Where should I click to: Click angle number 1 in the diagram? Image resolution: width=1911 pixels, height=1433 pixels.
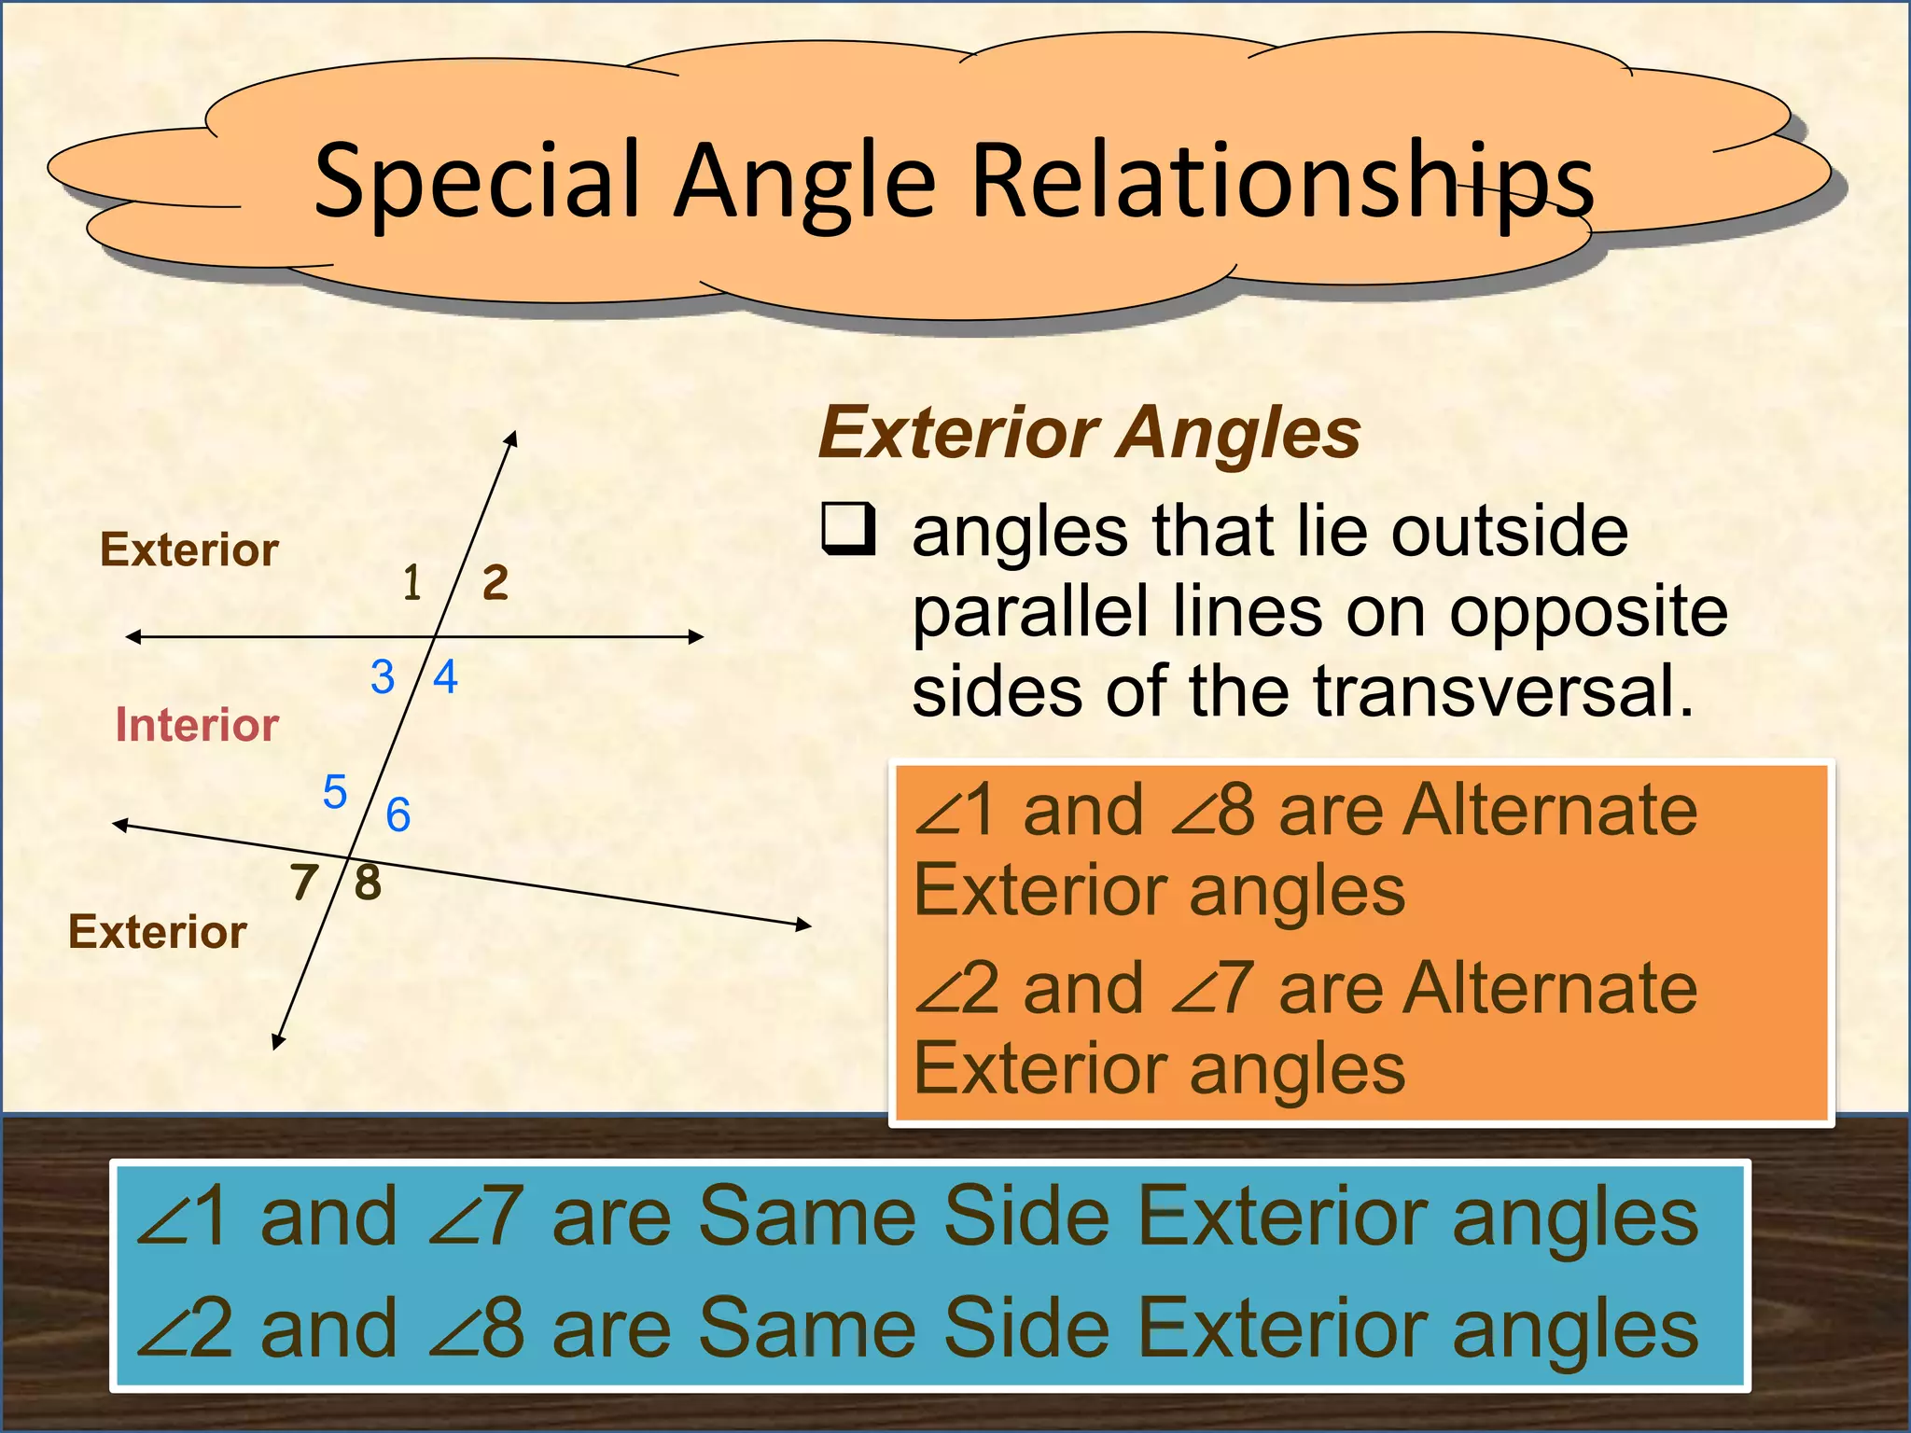tap(411, 583)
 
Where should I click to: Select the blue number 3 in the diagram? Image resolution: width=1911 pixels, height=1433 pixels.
tap(383, 676)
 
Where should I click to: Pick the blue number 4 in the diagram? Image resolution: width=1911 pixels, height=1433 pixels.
tap(446, 676)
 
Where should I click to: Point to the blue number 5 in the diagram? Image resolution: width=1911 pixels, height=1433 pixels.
tap(335, 792)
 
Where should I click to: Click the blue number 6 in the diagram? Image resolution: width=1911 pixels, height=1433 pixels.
tap(398, 814)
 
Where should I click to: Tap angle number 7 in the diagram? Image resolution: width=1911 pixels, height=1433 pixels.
tap(304, 883)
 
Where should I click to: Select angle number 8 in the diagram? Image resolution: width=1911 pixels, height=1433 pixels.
tap(369, 882)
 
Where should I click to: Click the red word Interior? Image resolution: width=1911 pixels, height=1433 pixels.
tap(197, 725)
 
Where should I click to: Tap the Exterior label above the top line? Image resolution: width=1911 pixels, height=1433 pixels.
tap(189, 550)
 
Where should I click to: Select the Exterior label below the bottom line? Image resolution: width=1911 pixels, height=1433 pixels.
tap(158, 931)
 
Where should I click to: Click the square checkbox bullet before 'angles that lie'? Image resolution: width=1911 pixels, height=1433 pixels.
tap(848, 528)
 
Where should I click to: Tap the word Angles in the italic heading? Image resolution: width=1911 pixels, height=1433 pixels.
tap(1240, 433)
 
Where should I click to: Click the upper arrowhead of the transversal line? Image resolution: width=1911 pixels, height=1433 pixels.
tap(511, 438)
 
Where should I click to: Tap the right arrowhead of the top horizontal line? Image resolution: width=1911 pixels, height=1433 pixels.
tap(696, 637)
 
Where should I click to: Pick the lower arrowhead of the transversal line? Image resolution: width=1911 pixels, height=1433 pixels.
tap(277, 1042)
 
